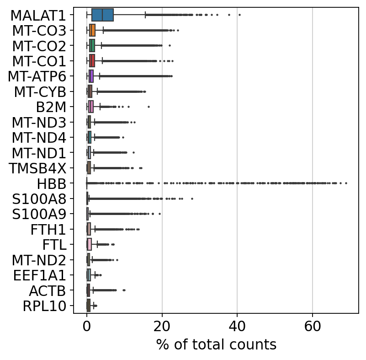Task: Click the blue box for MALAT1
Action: tap(102, 15)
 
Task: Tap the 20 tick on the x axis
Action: tap(162, 327)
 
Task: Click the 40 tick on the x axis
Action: tap(237, 327)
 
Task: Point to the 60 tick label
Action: tap(312, 327)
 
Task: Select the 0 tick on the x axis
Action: tap(87, 327)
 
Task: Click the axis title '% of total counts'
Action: tap(216, 344)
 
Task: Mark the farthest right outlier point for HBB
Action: tap(346, 183)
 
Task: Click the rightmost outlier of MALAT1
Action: tap(239, 15)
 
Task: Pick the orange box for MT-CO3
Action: tap(92, 31)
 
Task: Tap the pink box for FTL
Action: tap(89, 245)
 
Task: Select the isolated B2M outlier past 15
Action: tap(149, 107)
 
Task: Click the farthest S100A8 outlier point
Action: tap(192, 199)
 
